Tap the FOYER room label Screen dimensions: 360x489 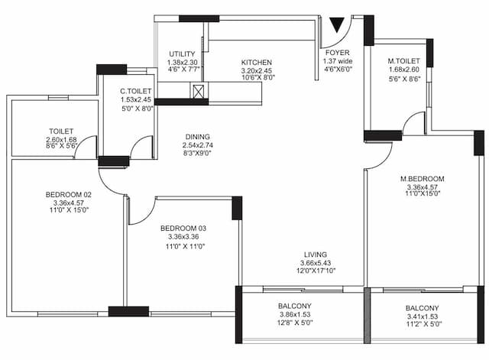(338, 53)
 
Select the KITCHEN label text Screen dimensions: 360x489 (257, 63)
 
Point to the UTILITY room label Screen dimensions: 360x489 (182, 54)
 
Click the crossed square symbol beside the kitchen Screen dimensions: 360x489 (199, 92)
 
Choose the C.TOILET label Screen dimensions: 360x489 (136, 92)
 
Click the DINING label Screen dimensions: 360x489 (198, 138)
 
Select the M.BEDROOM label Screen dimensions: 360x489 (422, 179)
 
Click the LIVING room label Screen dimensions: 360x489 (316, 255)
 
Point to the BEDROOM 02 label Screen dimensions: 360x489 (69, 196)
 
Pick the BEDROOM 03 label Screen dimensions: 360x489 (183, 229)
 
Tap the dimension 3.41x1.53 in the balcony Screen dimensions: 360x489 (422, 316)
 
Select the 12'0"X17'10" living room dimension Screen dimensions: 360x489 (316, 271)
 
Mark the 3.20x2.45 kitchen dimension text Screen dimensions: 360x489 (257, 70)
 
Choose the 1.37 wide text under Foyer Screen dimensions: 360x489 (338, 61)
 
